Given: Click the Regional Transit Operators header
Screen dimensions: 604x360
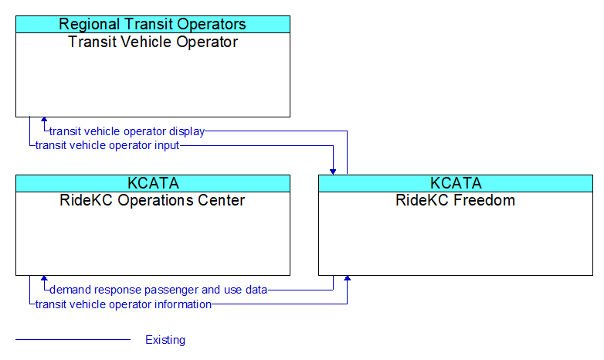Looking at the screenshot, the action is (x=152, y=24).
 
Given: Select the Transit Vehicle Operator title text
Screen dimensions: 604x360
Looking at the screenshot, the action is (x=153, y=42).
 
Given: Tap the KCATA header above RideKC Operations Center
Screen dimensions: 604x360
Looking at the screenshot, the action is (x=153, y=183).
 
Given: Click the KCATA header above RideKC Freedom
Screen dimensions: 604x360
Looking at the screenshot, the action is (x=456, y=183).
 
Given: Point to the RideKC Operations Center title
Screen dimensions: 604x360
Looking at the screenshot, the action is (x=152, y=200).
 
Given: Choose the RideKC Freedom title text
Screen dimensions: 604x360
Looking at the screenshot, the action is (x=455, y=200).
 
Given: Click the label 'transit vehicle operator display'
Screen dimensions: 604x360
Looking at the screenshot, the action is (x=127, y=131).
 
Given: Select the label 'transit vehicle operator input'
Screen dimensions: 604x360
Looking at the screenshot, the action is (x=107, y=145).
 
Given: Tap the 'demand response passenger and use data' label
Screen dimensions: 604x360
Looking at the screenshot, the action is (x=158, y=290).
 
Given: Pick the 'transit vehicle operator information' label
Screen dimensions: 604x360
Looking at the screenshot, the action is (x=124, y=304).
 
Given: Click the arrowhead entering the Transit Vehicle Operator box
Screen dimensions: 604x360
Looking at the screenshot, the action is (x=44, y=120).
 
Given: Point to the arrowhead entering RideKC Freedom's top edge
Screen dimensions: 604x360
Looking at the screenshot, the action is (x=333, y=172).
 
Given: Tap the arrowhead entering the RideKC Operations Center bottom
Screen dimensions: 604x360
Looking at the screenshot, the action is (x=44, y=278).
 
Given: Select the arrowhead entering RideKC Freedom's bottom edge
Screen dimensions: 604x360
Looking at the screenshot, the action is (x=347, y=278).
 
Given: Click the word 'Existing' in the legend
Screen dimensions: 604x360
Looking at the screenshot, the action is (x=165, y=340).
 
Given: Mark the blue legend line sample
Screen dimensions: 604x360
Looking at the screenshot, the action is (x=73, y=340).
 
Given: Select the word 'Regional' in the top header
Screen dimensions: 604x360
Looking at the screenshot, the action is (x=89, y=24).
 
